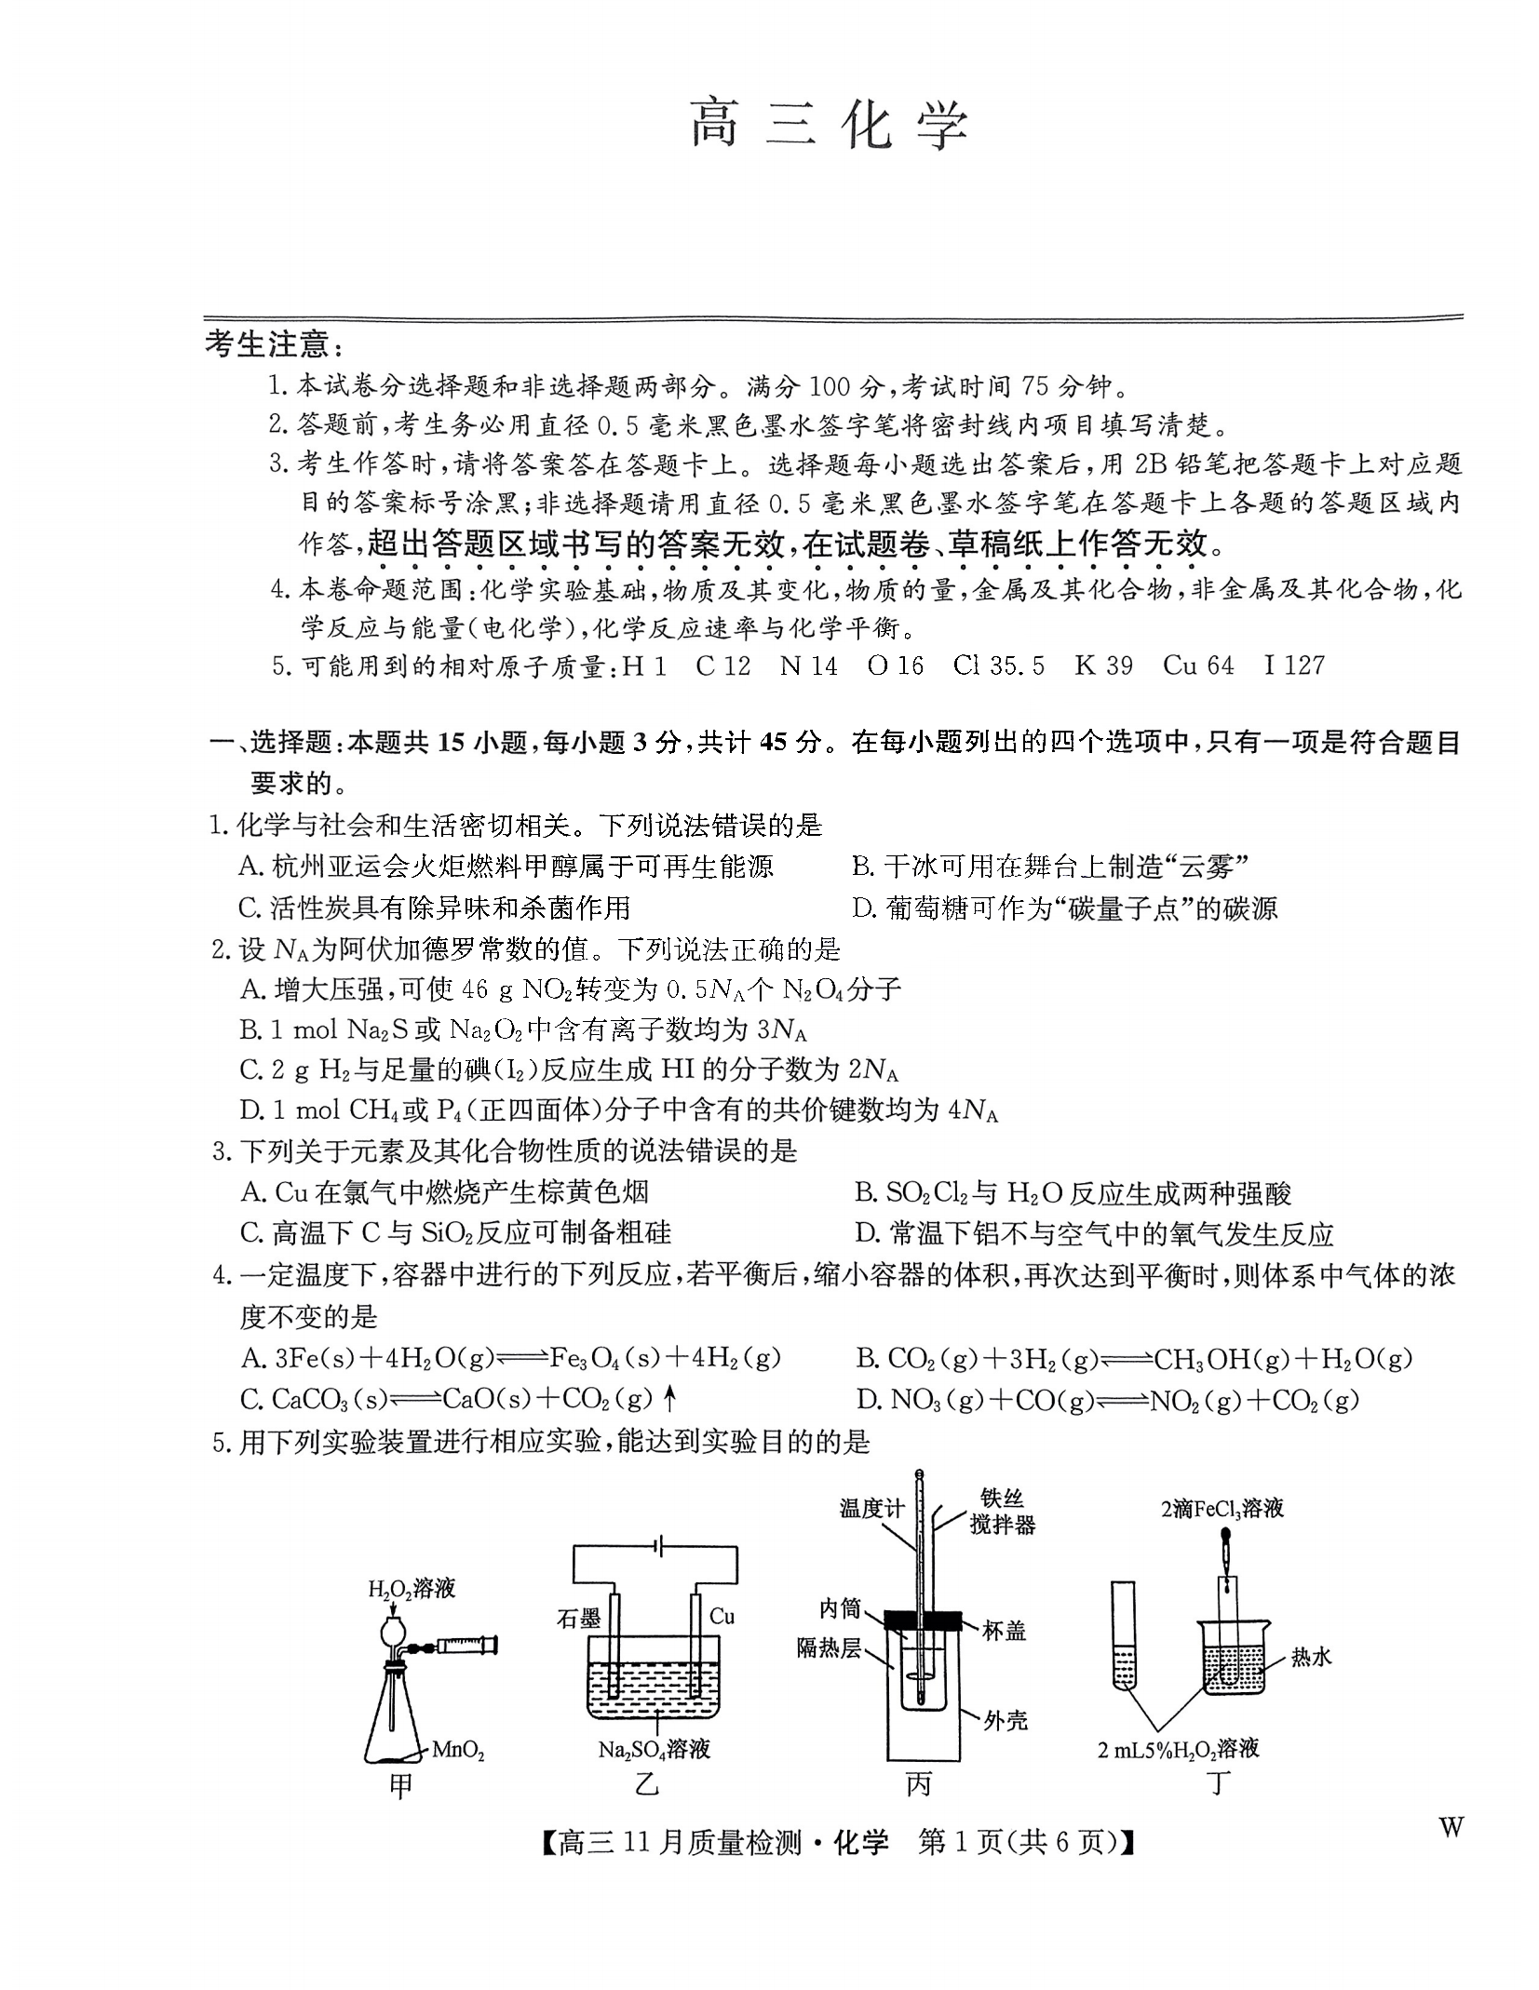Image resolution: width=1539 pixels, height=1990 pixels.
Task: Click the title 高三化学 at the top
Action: pos(829,125)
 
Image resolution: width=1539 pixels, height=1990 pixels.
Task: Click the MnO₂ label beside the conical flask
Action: pos(458,1751)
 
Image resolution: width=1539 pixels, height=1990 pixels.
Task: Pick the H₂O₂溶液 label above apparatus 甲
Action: pos(412,1589)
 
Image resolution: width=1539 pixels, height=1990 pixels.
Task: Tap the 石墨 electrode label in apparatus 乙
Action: pos(578,1619)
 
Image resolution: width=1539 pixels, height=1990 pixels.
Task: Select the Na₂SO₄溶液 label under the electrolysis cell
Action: pos(654,1750)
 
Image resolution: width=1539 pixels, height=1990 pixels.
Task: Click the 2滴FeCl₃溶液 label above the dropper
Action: pos(1222,1509)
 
